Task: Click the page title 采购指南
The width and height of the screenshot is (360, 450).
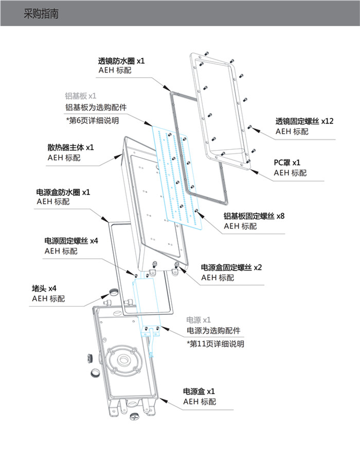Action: click(41, 14)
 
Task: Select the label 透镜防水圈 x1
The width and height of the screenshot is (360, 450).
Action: click(121, 61)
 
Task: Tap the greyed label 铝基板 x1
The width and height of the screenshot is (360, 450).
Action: click(81, 96)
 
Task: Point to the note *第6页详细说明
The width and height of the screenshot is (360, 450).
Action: click(92, 120)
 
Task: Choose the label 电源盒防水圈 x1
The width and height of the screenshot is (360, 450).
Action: click(64, 192)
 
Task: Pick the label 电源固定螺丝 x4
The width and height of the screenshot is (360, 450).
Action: click(71, 241)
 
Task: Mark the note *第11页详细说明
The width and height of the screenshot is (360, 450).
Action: click(215, 344)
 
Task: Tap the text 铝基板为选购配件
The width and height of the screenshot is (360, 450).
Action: click(95, 108)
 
